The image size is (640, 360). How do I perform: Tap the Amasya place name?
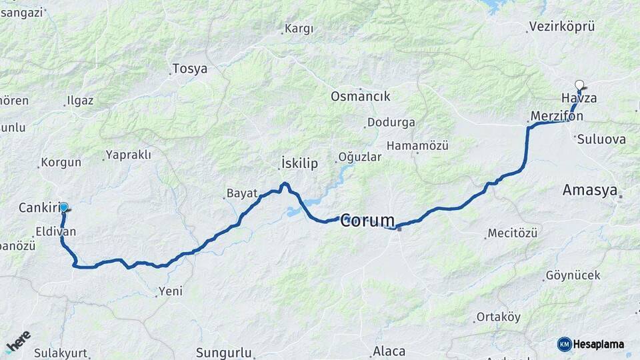coord(589,190)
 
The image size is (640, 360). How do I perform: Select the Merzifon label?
coord(557,116)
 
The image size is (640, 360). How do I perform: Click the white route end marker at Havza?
coord(579,85)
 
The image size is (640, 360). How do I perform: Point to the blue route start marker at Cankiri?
coord(64,207)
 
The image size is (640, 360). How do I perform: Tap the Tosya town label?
coord(189,69)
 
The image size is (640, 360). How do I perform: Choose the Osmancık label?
coord(360,96)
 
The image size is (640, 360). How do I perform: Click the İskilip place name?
coord(299,163)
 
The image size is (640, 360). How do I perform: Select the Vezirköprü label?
coord(561,27)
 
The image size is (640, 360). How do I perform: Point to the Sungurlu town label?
coord(223,352)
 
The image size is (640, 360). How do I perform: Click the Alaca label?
coord(389,351)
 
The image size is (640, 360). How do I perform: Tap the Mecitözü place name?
coord(512,233)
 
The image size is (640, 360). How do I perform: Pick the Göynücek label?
coord(573,275)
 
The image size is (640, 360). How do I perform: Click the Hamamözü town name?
coord(417,145)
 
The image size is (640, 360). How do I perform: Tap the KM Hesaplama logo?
coord(591,344)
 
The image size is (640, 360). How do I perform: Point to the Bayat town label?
coord(241,193)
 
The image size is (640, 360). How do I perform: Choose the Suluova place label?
coord(601,139)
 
